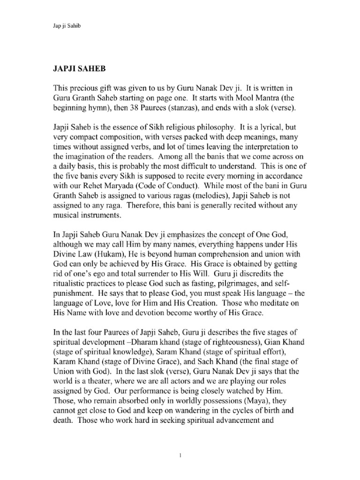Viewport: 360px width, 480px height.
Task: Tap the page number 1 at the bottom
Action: click(x=180, y=454)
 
